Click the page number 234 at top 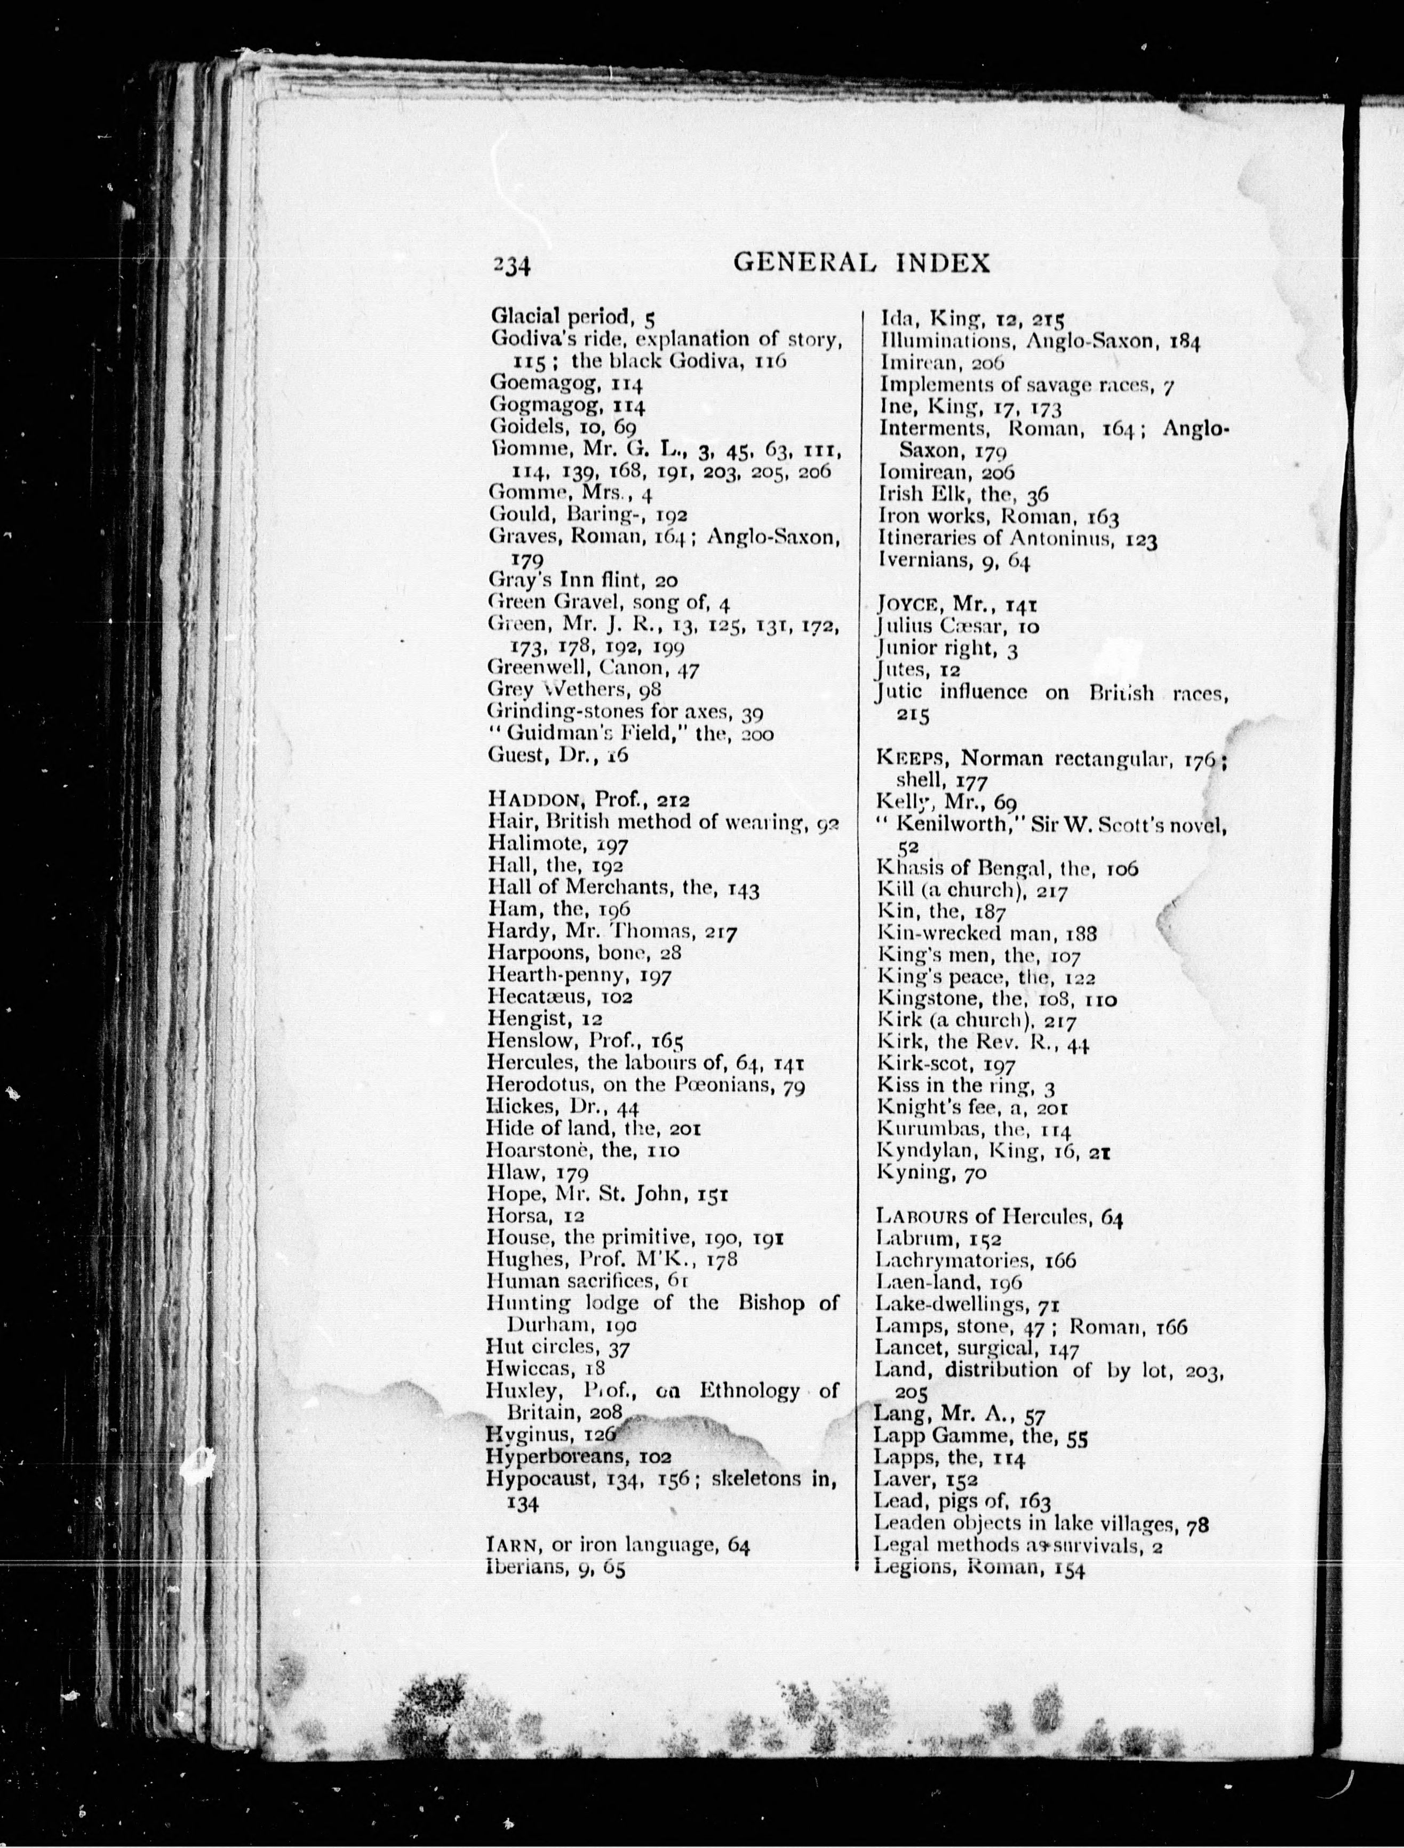pyautogui.click(x=512, y=265)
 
